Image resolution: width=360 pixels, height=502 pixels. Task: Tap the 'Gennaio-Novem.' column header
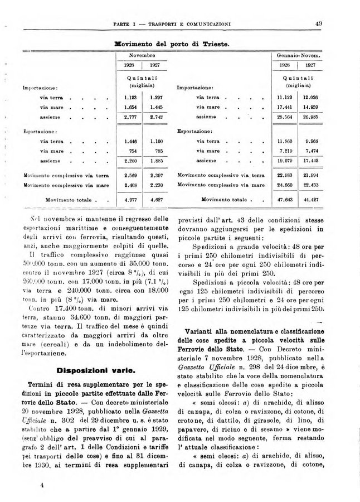pos(301,56)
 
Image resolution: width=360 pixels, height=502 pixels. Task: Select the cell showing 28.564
pos(286,118)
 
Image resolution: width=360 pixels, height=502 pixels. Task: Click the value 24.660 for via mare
pos(286,184)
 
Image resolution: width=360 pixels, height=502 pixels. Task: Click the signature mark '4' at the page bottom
pos(42,485)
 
